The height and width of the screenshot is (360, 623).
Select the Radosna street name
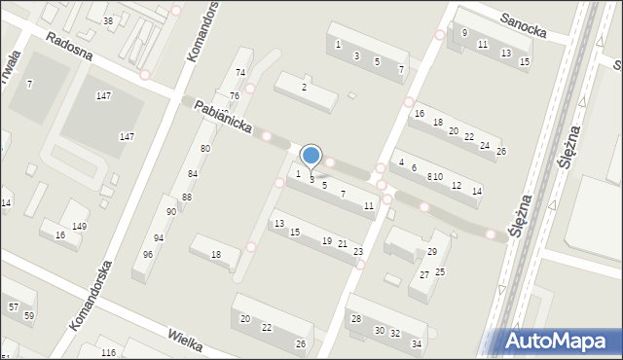(x=68, y=44)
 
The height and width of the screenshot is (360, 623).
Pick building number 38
(x=108, y=21)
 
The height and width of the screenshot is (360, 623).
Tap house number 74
(x=239, y=74)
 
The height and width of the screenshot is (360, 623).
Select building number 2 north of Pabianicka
(x=304, y=88)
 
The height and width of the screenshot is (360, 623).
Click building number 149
(x=79, y=227)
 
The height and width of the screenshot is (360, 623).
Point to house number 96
(x=147, y=255)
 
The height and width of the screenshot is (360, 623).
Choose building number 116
(x=108, y=352)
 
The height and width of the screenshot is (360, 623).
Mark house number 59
(x=28, y=316)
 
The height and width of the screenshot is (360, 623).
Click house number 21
(x=343, y=244)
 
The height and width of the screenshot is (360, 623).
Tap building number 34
(x=417, y=344)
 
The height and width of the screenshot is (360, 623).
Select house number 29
(x=432, y=253)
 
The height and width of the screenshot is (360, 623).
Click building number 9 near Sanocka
(x=464, y=33)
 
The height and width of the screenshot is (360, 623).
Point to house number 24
(x=485, y=146)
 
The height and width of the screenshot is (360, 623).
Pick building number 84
(x=193, y=174)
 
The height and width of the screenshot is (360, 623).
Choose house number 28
(x=356, y=320)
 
